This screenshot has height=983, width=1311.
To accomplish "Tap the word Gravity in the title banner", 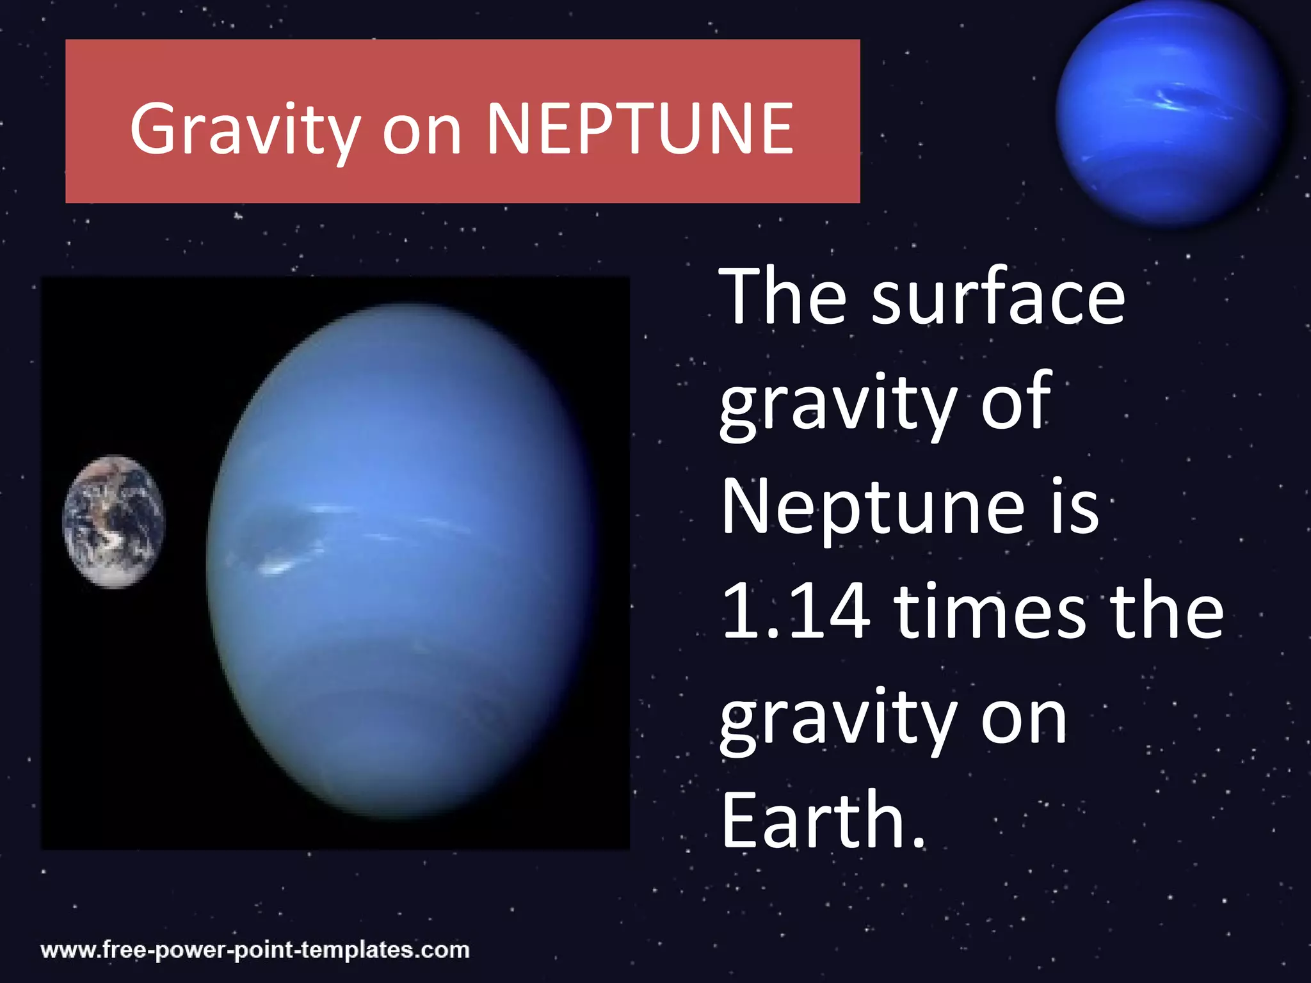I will coord(245,131).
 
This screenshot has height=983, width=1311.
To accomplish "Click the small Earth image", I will coord(114,521).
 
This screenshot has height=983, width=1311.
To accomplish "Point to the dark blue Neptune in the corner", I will coord(1169,113).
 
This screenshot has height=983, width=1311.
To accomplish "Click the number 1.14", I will coord(796,612).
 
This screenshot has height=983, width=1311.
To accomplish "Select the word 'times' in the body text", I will coord(990,612).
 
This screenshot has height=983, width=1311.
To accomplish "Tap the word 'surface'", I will coord(998,298).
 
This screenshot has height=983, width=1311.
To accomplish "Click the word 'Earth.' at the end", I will coord(823,821).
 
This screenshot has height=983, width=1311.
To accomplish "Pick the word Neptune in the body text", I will coord(873,509).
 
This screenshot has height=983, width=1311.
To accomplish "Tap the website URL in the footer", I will coord(255,950).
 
